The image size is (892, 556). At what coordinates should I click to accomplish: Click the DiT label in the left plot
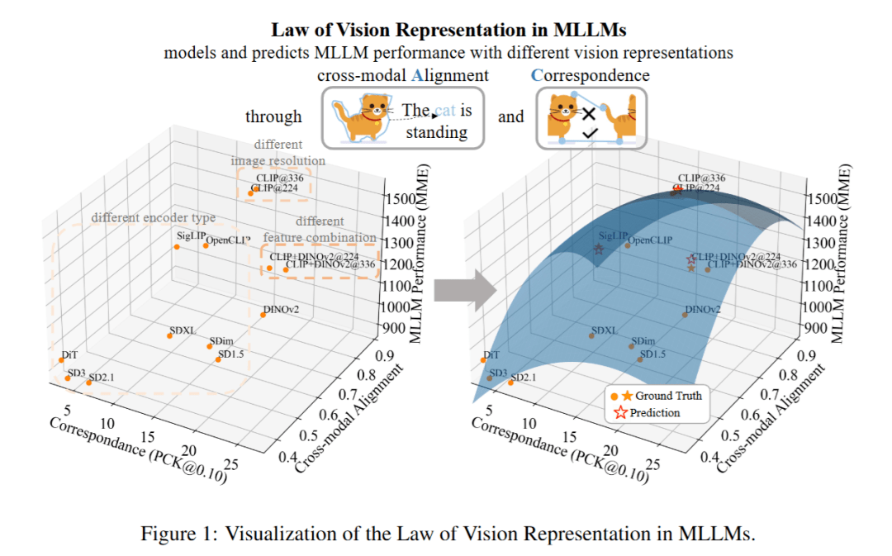[69, 354]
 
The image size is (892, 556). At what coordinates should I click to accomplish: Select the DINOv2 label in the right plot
[703, 310]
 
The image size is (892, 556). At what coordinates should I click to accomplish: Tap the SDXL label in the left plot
[182, 330]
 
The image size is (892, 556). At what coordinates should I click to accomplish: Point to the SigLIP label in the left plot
[190, 235]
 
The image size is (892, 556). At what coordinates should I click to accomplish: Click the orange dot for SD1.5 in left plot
[218, 359]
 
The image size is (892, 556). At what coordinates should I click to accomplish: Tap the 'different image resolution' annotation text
[278, 152]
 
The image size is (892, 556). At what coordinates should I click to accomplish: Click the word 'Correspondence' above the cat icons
[590, 75]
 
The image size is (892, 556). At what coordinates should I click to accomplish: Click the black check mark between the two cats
[590, 132]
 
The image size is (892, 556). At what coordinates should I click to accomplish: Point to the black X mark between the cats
[589, 114]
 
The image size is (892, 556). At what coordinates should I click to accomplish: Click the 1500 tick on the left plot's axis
[402, 198]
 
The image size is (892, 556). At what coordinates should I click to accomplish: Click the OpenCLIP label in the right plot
[650, 240]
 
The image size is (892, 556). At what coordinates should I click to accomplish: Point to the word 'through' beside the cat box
[273, 116]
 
